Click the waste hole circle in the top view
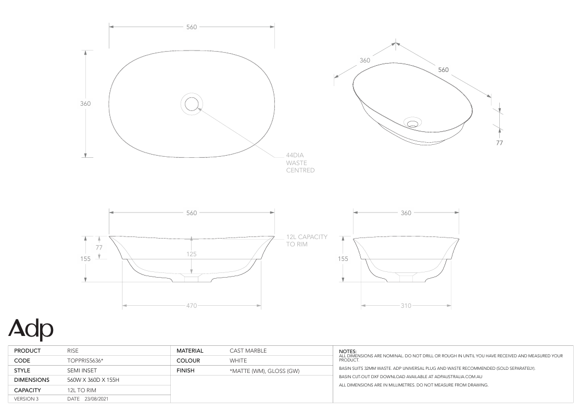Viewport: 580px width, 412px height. (192, 103)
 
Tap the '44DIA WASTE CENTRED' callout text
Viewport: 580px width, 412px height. (300, 163)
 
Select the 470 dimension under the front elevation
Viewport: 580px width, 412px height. (192, 306)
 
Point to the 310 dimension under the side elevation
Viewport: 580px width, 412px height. (406, 306)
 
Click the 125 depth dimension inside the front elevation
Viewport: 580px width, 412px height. (192, 254)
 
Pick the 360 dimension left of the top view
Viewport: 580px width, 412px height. (85, 103)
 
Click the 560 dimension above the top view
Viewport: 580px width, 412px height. (192, 27)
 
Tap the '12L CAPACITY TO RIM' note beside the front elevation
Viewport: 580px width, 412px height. (307, 240)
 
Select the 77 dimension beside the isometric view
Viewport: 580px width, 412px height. (500, 142)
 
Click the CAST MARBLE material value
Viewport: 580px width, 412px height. (248, 351)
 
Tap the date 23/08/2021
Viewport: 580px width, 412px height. (96, 399)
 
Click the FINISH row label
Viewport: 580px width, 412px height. (185, 370)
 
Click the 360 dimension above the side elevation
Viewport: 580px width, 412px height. (406, 213)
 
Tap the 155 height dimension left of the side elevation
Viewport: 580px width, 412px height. (343, 258)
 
